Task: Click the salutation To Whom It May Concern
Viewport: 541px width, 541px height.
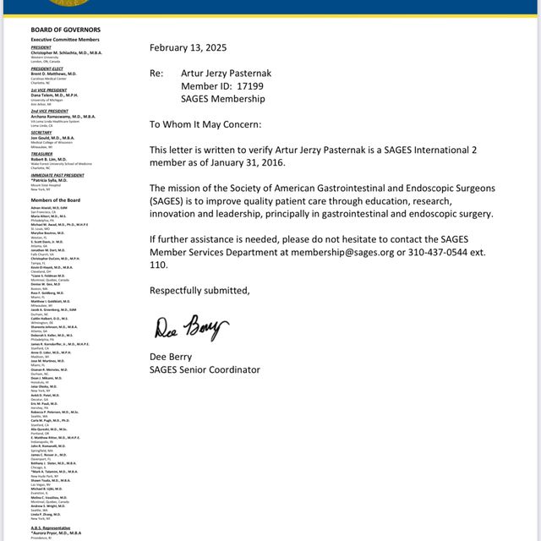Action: tap(205, 123)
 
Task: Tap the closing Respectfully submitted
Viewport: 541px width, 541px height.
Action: tap(199, 290)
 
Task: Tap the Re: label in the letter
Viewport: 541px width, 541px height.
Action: tap(156, 74)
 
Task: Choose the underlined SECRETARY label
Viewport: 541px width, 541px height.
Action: tap(41, 132)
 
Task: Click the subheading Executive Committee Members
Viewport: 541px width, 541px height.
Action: tap(65, 40)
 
